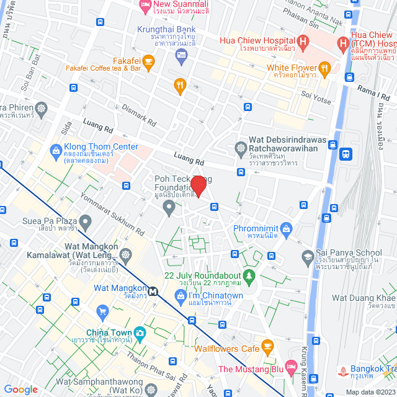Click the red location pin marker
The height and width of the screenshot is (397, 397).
[198, 186]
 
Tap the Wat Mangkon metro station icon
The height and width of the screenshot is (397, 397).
[151, 290]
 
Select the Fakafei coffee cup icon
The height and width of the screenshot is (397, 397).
[148, 61]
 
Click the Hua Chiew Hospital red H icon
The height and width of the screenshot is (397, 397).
[303, 42]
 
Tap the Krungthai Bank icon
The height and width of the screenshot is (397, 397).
[181, 56]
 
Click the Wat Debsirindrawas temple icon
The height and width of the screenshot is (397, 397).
[241, 148]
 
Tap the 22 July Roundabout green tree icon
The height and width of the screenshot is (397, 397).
[249, 275]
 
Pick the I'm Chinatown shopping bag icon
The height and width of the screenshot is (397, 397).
[181, 296]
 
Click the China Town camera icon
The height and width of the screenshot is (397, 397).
[140, 332]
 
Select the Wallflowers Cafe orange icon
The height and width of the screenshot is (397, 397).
[267, 345]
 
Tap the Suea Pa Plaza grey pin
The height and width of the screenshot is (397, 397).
[85, 221]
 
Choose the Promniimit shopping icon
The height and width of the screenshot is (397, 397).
[286, 229]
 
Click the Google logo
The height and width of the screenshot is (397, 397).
[21, 389]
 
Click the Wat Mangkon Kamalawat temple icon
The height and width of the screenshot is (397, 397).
[126, 255]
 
